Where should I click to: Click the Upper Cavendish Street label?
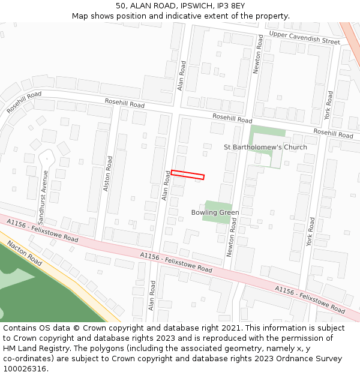(x=304, y=38)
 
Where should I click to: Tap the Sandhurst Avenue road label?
(x=44, y=189)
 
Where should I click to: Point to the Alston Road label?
(x=109, y=173)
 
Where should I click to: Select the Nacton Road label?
(x=25, y=253)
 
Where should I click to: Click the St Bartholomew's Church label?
(x=265, y=147)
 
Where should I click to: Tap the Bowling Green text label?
(x=215, y=212)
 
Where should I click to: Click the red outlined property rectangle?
(x=188, y=175)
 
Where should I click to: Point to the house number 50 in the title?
(x=121, y=6)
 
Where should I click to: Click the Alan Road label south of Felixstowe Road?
(x=152, y=296)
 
